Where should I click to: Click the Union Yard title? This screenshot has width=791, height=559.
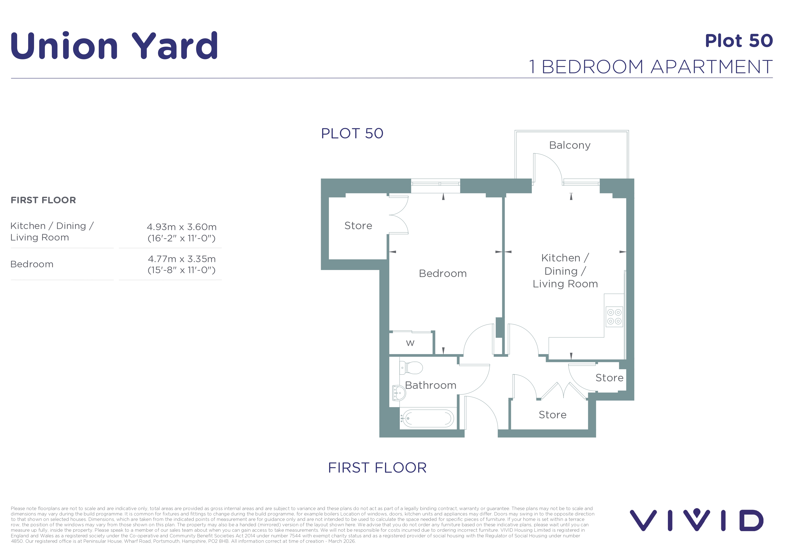(114, 46)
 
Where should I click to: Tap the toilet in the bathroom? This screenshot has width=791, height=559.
(411, 368)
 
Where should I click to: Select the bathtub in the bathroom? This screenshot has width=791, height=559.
(427, 419)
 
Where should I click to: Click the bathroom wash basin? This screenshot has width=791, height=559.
(399, 393)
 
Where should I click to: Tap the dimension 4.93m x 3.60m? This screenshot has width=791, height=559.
(181, 227)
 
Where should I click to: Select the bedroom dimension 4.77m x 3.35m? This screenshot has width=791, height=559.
(181, 259)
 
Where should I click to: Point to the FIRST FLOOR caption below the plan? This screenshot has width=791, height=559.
(377, 468)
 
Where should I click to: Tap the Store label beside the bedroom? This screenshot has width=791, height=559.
(358, 226)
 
